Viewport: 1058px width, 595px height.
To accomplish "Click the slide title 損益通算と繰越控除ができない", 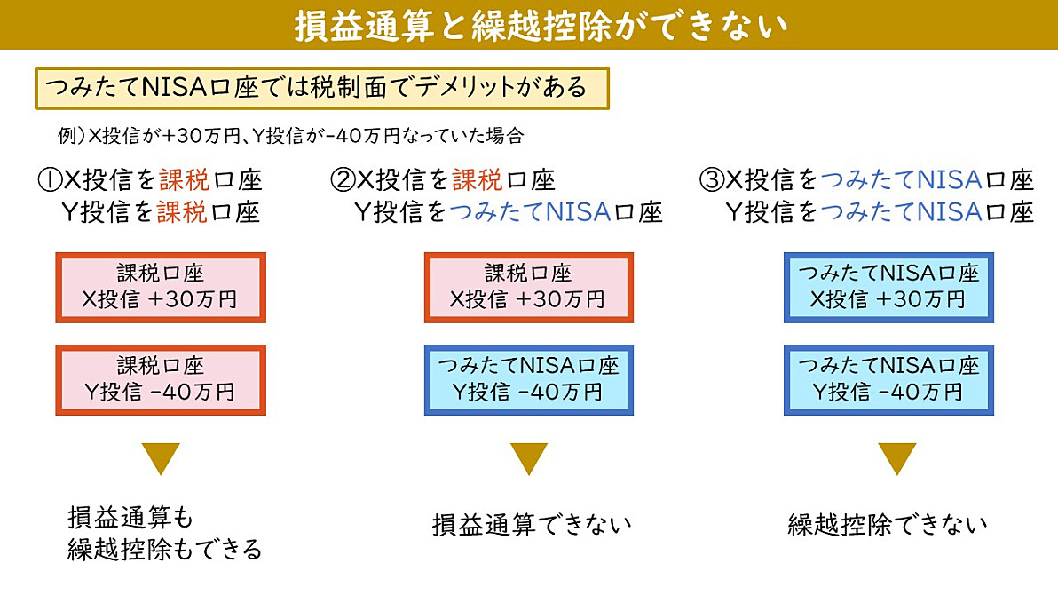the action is pyautogui.click(x=541, y=26).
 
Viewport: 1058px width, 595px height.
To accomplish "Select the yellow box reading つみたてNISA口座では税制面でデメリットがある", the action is pyautogui.click(x=322, y=88).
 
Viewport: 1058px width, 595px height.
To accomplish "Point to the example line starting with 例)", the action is pyautogui.click(x=291, y=136).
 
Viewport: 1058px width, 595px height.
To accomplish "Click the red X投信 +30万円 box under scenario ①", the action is pyautogui.click(x=161, y=288).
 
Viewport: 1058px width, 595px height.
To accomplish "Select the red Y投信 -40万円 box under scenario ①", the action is pyautogui.click(x=161, y=379).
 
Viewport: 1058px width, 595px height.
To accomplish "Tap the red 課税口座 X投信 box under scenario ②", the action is pyautogui.click(x=528, y=288).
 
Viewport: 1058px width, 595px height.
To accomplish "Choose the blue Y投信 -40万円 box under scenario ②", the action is pyautogui.click(x=528, y=379).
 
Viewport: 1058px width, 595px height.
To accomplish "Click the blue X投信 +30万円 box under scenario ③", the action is pyautogui.click(x=888, y=288).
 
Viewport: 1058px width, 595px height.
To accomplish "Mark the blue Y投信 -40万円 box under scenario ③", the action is pyautogui.click(x=888, y=379).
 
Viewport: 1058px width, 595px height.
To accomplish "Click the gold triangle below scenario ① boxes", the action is pyautogui.click(x=161, y=457).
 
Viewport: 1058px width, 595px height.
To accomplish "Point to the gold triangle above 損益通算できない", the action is pyautogui.click(x=529, y=457).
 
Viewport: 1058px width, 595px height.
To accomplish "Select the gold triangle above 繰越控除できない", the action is pyautogui.click(x=896, y=457).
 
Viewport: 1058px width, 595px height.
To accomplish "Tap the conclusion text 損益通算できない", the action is pyautogui.click(x=532, y=525).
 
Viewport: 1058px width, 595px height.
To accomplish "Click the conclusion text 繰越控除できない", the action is pyautogui.click(x=888, y=525).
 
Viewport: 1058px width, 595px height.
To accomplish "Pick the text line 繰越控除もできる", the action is pyautogui.click(x=164, y=550).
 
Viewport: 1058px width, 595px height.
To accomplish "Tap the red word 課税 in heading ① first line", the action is pyautogui.click(x=185, y=179).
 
